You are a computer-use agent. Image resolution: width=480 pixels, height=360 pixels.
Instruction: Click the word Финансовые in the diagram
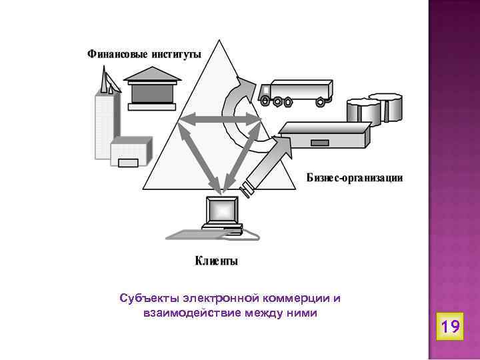[115, 53]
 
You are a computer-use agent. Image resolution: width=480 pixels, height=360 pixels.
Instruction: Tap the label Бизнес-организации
[354, 179]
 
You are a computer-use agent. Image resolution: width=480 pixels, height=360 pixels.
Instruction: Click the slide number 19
[450, 327]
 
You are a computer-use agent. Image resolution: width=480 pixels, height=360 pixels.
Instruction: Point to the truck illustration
[296, 93]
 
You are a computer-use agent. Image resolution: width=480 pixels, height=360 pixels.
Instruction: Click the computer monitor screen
[222, 211]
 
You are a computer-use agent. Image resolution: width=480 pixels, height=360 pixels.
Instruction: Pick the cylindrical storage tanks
[373, 108]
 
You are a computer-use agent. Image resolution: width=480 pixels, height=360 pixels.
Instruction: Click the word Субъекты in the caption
[140, 297]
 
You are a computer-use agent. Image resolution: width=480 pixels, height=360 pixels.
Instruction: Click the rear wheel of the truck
[321, 101]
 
